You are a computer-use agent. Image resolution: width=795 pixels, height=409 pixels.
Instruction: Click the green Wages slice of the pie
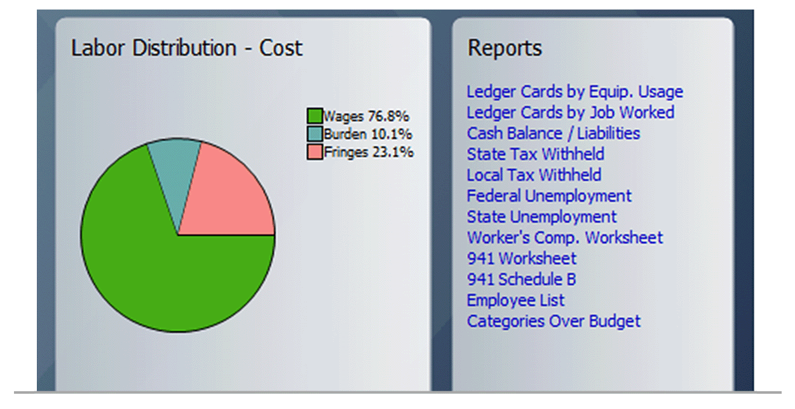(x=146, y=267)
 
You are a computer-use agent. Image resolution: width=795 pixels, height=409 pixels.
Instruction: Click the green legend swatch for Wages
(x=315, y=116)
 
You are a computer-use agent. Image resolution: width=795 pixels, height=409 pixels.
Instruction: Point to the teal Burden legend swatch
(x=315, y=134)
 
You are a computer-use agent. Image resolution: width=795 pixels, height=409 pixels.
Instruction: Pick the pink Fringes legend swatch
(x=315, y=152)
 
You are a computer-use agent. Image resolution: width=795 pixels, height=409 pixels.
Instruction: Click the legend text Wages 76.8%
(x=366, y=116)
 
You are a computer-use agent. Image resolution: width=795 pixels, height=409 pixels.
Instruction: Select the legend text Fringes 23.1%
(x=369, y=152)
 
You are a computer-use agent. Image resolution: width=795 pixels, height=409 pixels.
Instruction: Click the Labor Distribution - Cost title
(x=187, y=48)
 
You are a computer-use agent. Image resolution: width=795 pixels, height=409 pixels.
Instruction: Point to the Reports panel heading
(x=505, y=48)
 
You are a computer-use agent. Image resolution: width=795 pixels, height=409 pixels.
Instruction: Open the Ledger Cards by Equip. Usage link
(x=574, y=92)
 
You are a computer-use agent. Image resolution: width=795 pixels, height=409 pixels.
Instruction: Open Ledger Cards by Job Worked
(x=570, y=113)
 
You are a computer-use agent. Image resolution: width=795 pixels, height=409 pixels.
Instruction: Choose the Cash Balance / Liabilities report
(x=553, y=134)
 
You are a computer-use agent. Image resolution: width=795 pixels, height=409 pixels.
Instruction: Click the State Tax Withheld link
(x=535, y=154)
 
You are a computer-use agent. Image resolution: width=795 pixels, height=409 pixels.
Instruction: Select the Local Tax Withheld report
(x=534, y=175)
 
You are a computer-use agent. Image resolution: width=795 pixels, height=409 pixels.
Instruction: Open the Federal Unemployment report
(x=549, y=196)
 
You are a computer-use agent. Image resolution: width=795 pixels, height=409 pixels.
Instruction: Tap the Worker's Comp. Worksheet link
(x=564, y=238)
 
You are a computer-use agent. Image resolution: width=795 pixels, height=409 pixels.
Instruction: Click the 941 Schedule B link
(x=521, y=279)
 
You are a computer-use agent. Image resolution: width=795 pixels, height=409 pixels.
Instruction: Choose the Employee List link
(x=515, y=300)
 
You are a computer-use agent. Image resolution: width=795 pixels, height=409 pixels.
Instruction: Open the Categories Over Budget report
(x=554, y=321)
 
